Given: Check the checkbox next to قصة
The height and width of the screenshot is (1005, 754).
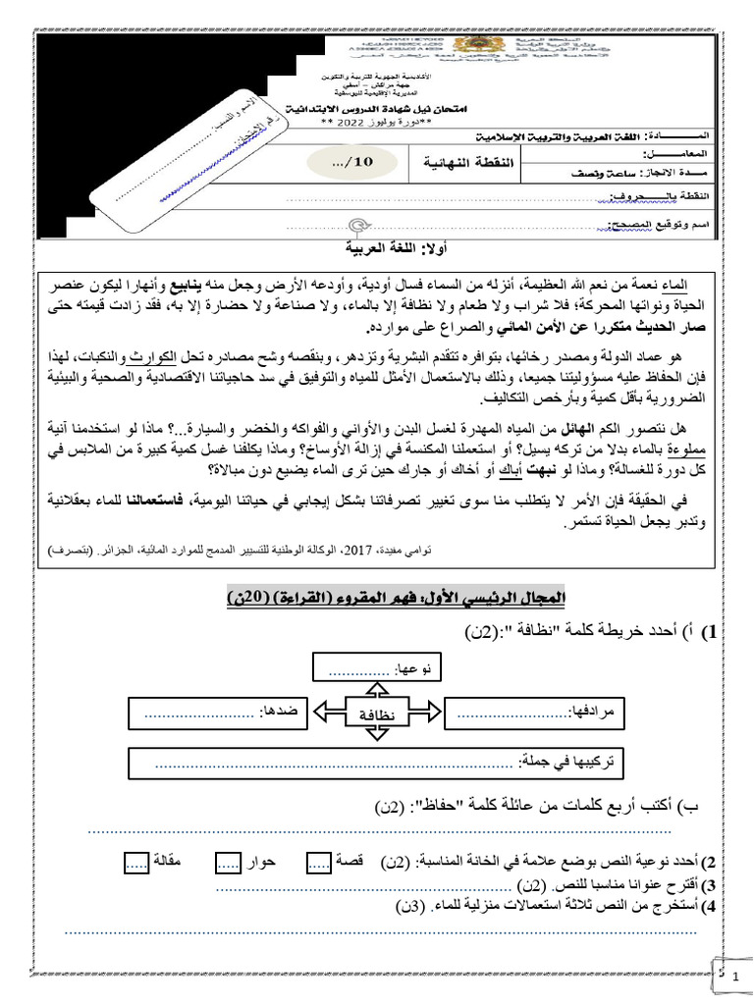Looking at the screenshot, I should coord(319,863).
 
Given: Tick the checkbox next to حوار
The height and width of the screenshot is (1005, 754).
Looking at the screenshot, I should coord(227,863).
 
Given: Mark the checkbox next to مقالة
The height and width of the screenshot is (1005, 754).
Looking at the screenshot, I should coord(136,863).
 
